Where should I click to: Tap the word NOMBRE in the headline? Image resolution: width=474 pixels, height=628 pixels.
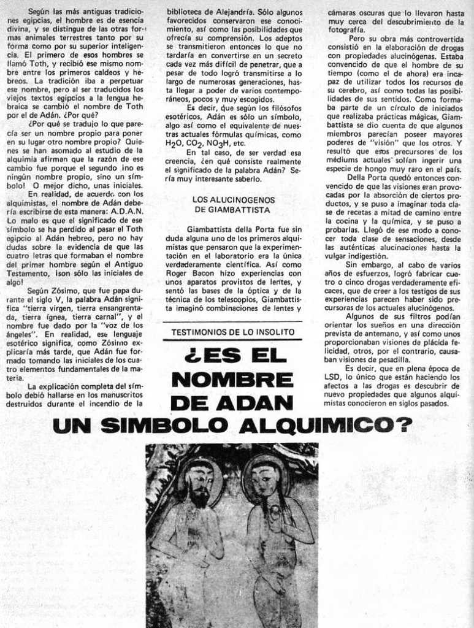click(232, 380)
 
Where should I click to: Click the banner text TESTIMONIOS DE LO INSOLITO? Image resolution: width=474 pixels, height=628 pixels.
click(233, 332)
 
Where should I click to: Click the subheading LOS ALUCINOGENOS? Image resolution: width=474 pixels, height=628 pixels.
click(234, 199)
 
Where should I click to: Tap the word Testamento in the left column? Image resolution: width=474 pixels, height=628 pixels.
click(33, 273)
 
